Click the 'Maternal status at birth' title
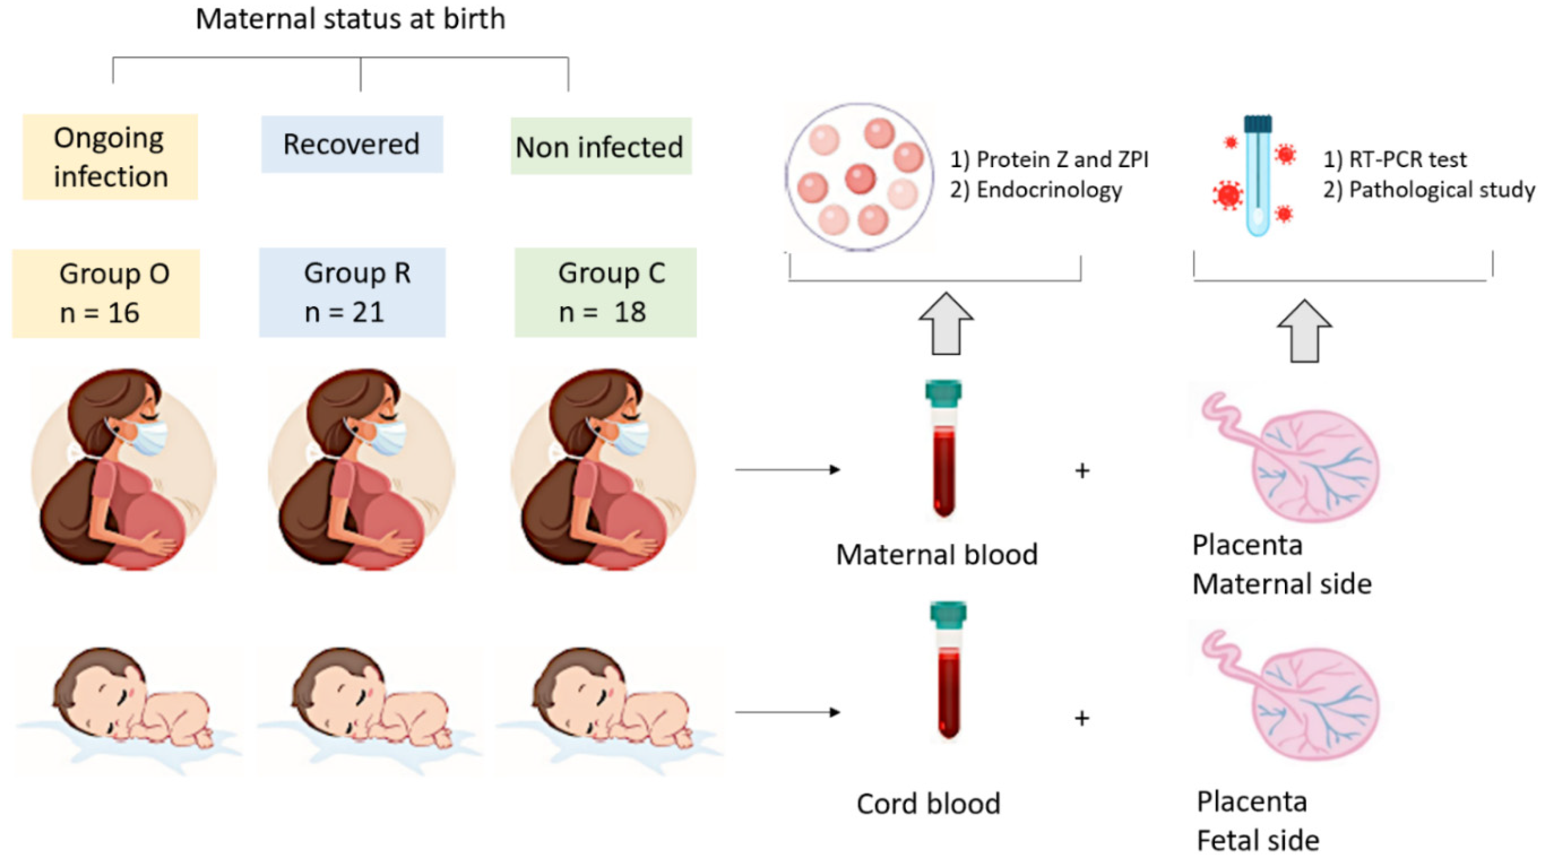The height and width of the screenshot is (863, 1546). (350, 19)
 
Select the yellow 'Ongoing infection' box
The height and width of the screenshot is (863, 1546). (111, 157)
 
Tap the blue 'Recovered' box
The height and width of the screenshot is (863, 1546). (352, 144)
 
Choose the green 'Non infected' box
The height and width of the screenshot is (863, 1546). (600, 146)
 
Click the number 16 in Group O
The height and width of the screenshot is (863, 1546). (123, 313)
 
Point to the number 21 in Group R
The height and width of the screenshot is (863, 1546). (368, 312)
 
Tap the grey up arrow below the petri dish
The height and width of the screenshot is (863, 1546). (946, 324)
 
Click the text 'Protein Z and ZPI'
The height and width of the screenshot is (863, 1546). (1062, 160)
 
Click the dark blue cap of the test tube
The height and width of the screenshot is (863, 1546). (1258, 123)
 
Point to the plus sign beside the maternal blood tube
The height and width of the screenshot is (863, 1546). (1082, 471)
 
